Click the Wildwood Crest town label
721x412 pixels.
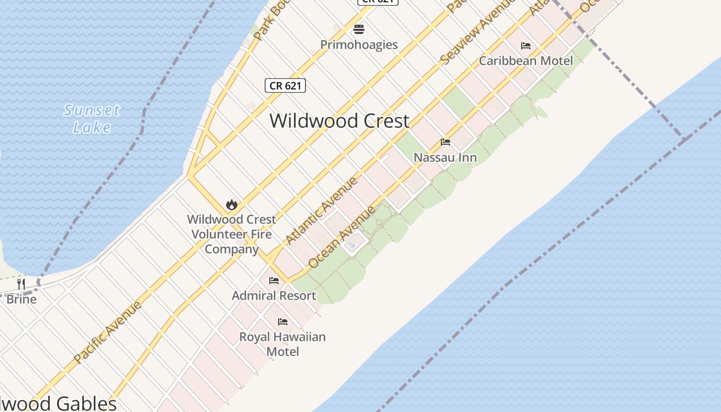339,121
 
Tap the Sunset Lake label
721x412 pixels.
92,118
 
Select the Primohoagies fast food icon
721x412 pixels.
359,29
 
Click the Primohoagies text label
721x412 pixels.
359,45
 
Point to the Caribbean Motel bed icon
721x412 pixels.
526,46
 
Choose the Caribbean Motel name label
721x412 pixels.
526,61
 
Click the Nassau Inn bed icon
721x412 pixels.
445,142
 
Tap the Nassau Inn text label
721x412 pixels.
445,158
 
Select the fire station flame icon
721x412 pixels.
232,204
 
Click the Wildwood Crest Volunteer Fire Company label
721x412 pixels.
232,234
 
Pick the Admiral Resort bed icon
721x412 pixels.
274,281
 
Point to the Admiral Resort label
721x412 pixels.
274,296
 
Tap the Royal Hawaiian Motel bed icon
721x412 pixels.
283,322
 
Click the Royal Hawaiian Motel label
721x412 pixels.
283,344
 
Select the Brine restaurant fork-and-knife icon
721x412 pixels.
21,284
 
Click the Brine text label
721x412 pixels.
21,299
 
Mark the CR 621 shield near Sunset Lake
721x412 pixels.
285,85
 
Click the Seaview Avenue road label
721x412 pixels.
477,32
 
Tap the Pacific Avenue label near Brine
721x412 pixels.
107,332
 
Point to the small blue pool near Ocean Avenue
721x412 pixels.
352,245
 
